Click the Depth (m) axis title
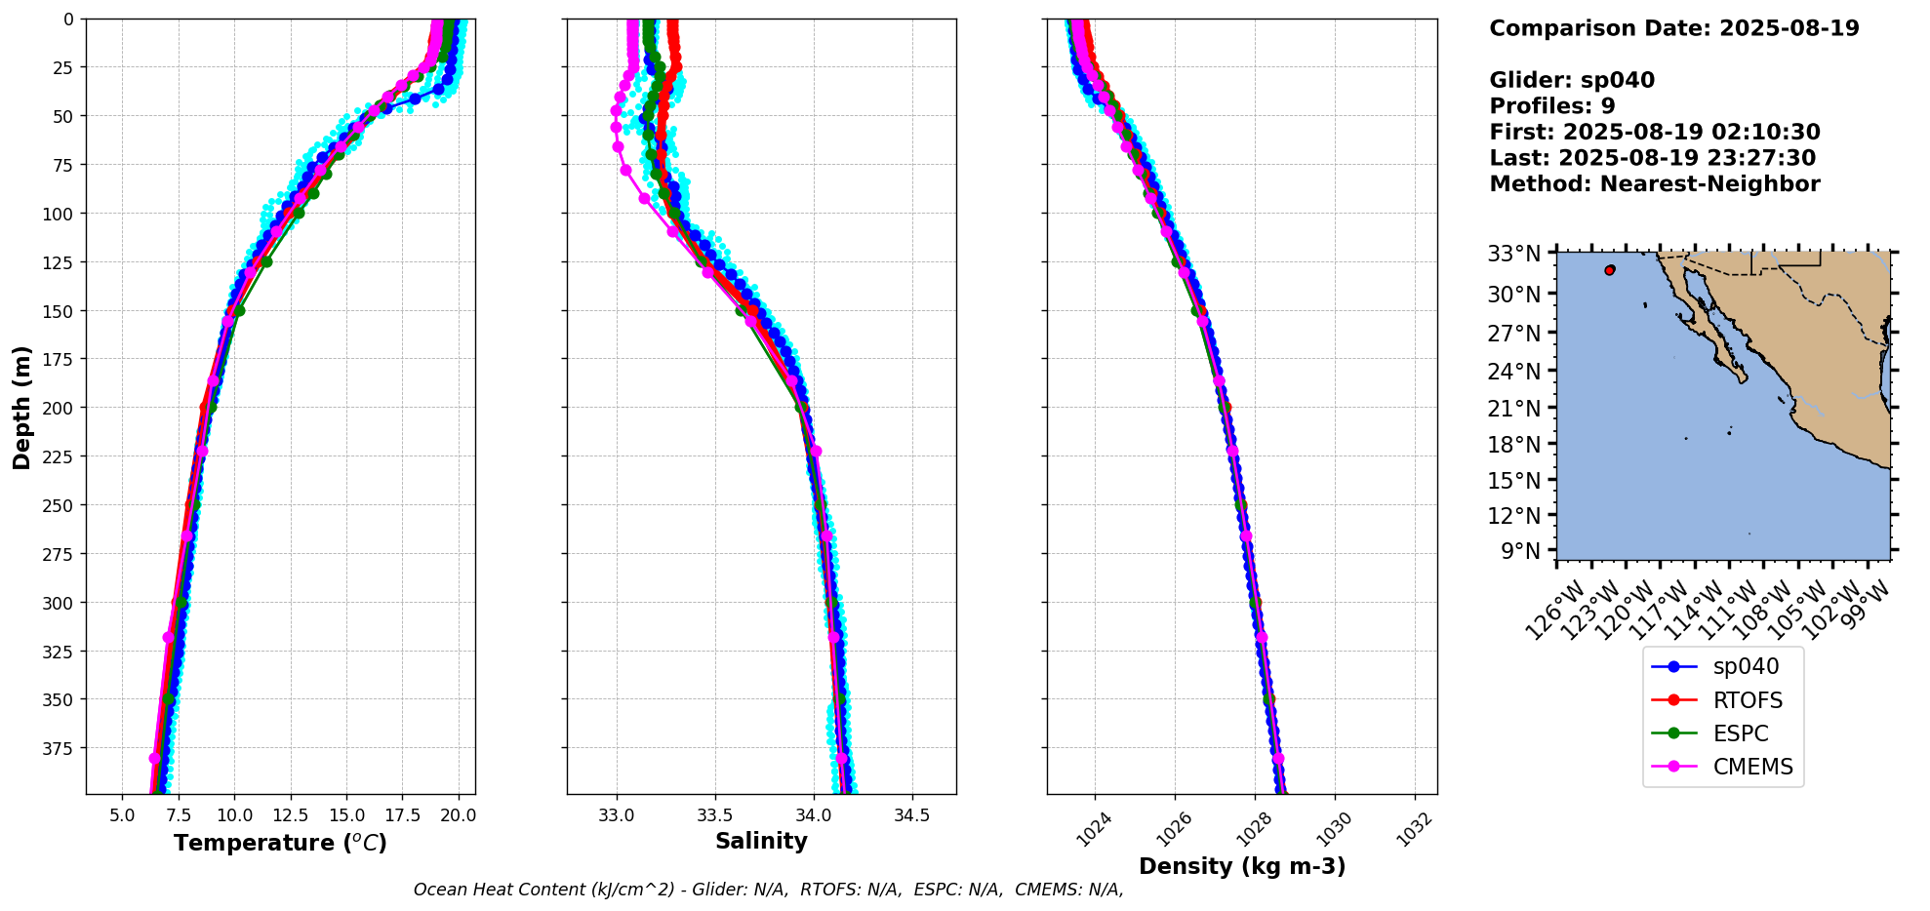[22, 407]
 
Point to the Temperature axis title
[280, 843]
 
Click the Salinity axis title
[761, 842]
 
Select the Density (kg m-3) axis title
[1242, 866]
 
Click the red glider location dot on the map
[1609, 270]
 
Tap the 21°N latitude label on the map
[1513, 408]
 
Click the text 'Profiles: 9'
[1551, 106]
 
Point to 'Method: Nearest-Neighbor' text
[1654, 184]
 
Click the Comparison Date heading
[1673, 28]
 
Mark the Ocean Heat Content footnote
[768, 890]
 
